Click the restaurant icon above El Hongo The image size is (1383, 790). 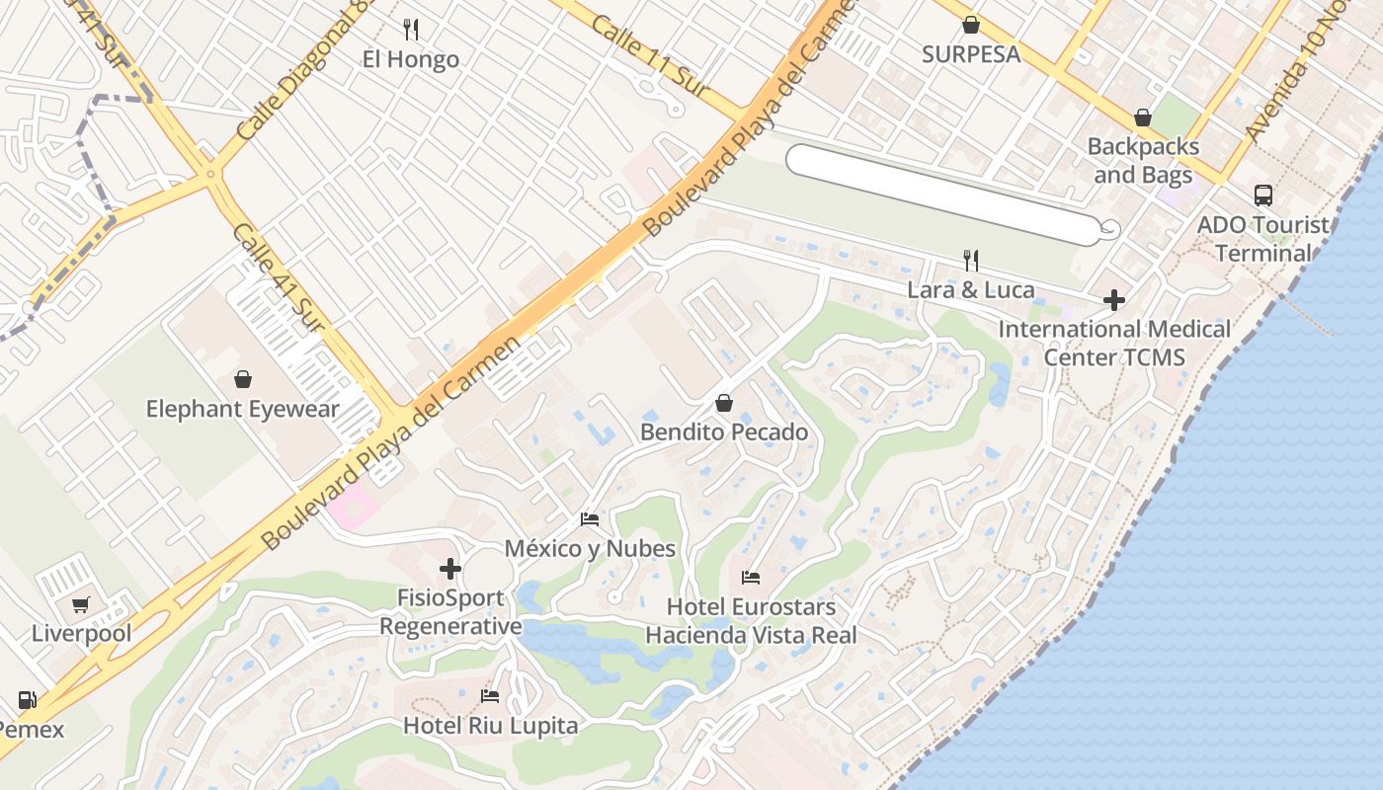(x=411, y=30)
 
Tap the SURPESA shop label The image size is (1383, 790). (x=971, y=54)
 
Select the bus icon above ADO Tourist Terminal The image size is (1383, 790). (x=1263, y=195)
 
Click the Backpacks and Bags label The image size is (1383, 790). (x=1143, y=161)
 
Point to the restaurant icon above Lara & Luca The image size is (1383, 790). (x=971, y=261)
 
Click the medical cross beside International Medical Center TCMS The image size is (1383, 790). (x=1114, y=299)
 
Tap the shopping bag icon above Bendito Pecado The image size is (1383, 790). (x=724, y=403)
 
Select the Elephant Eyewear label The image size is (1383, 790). (x=243, y=409)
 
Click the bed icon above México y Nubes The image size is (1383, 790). (x=590, y=519)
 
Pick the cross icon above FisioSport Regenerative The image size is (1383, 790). (x=450, y=569)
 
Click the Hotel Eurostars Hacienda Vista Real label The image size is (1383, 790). (x=751, y=621)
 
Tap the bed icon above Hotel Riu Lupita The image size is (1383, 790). (x=490, y=696)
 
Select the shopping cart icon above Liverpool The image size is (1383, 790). (x=81, y=604)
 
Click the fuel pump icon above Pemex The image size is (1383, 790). (x=27, y=700)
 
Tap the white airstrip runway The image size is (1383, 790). (x=943, y=195)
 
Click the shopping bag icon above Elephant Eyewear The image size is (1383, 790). (x=243, y=379)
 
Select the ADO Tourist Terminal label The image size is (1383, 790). (x=1263, y=239)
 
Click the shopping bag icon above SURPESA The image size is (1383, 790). (x=971, y=25)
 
